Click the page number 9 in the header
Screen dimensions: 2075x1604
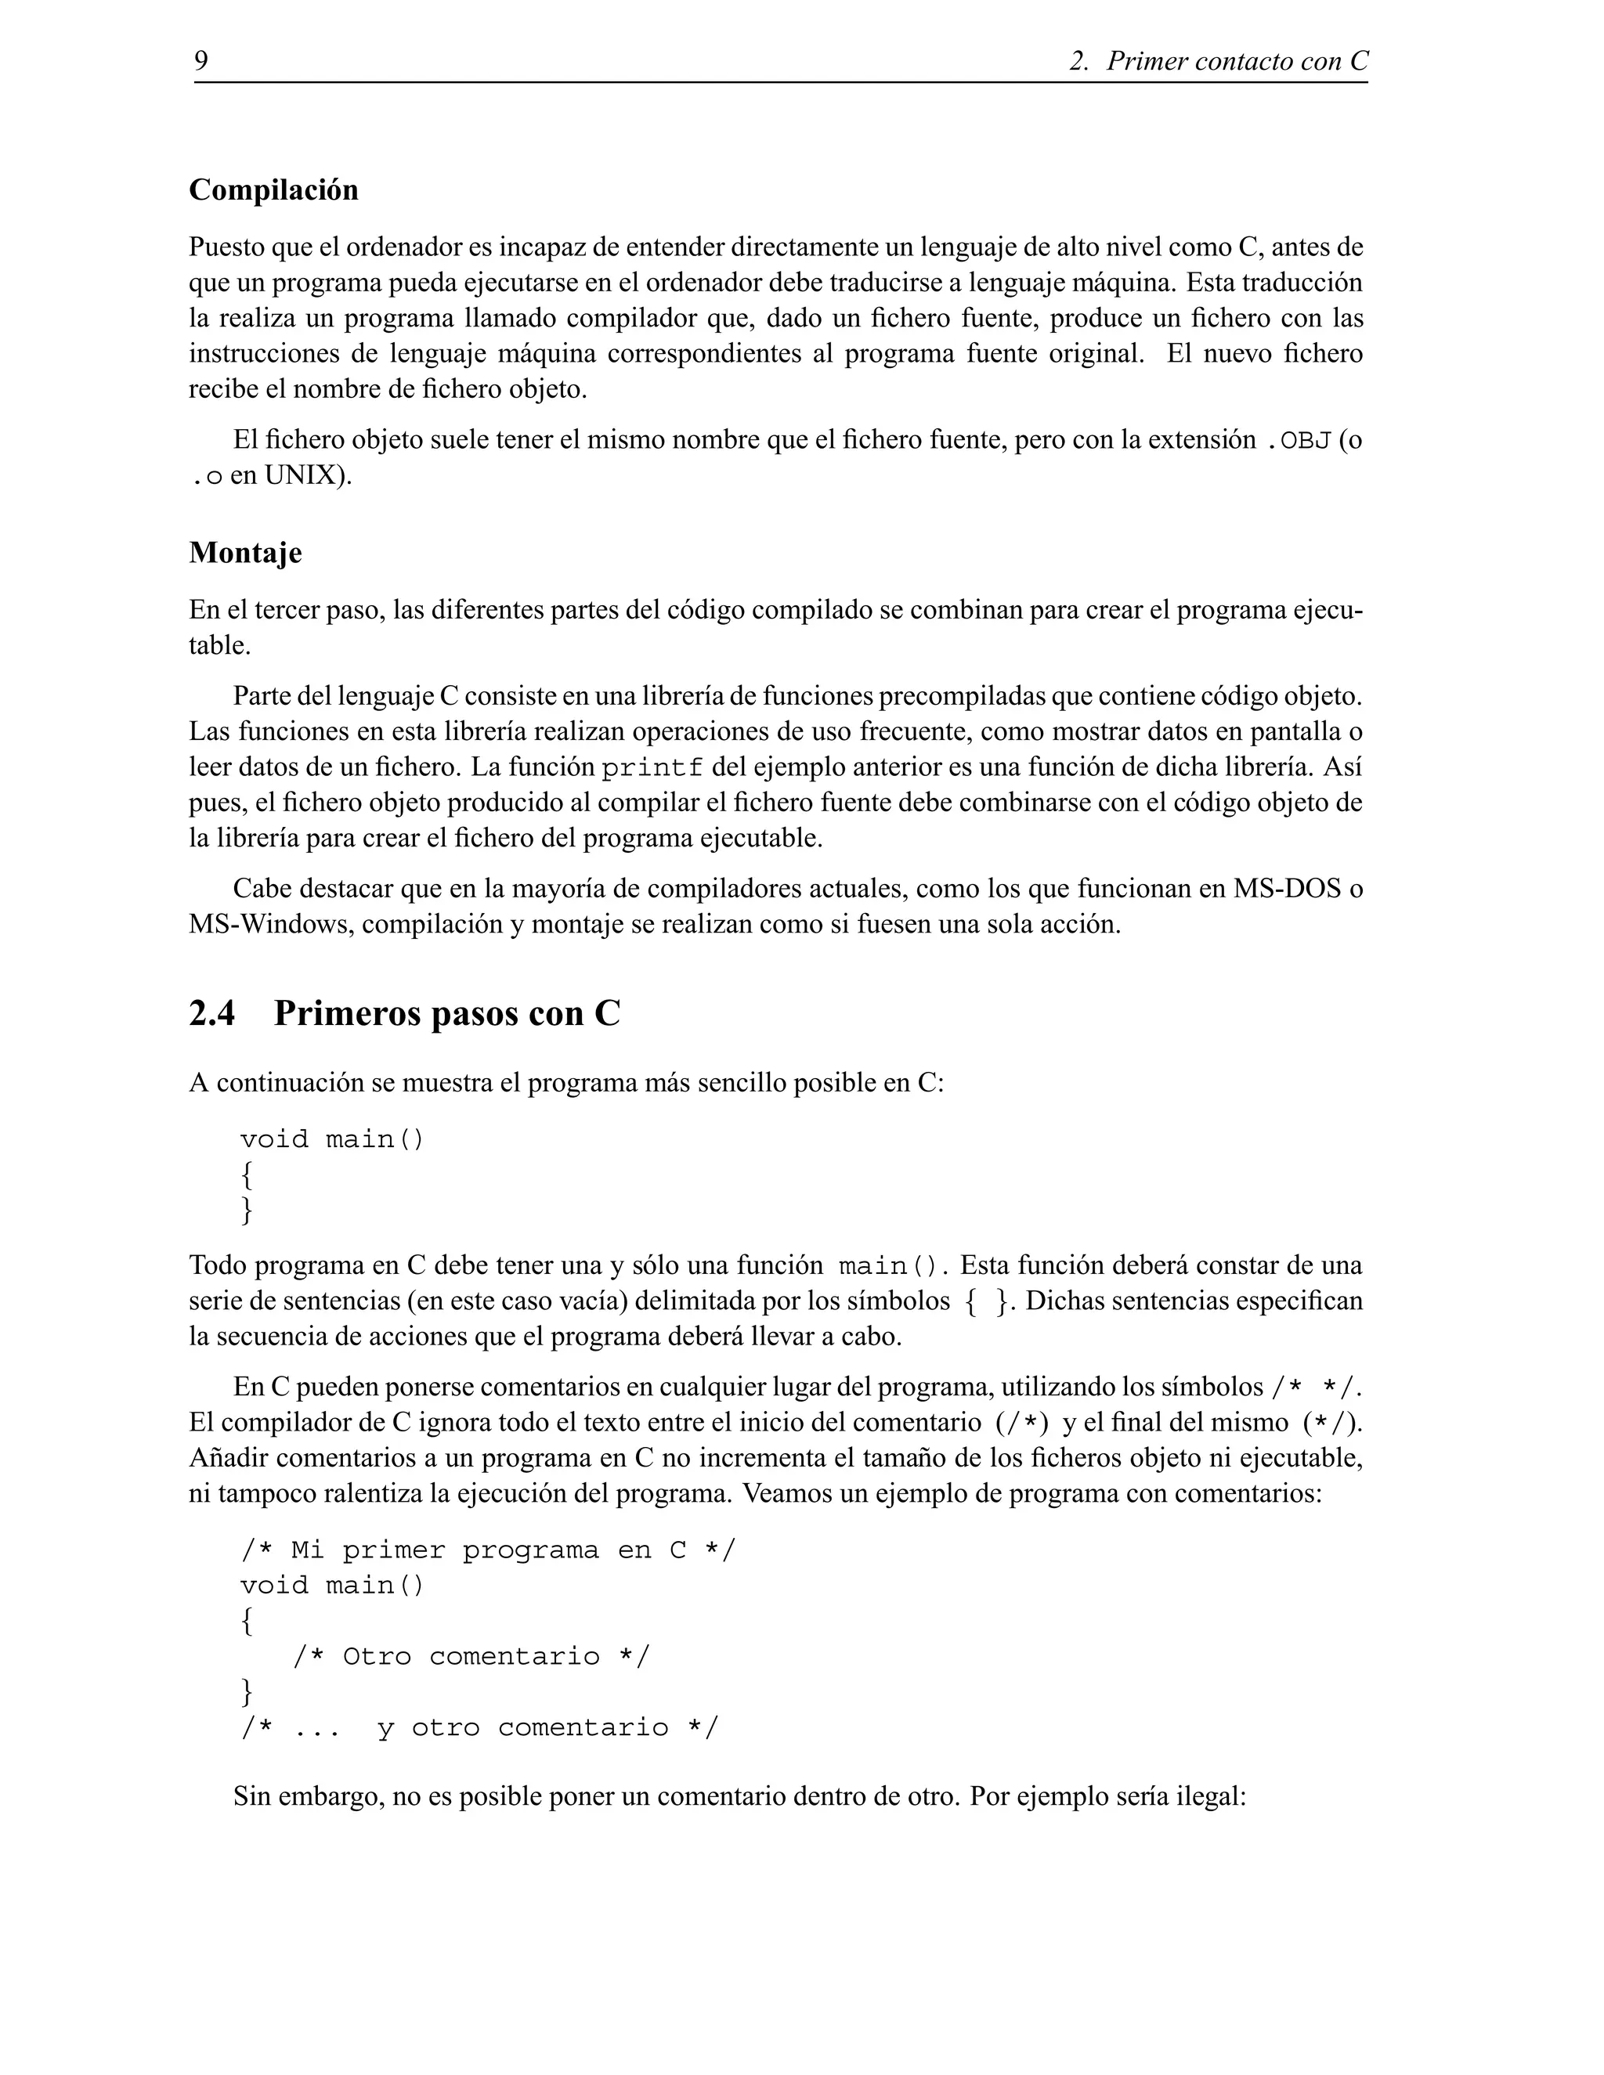(x=201, y=62)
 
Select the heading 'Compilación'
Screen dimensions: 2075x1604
(x=273, y=190)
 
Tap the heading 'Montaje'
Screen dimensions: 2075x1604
(x=245, y=552)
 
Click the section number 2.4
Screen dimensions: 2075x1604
(x=212, y=1014)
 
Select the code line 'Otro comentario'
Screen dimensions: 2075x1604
(x=471, y=1657)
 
